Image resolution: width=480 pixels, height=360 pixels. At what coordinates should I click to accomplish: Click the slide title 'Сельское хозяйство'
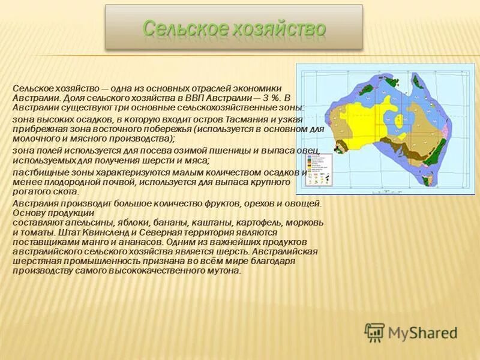234,28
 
